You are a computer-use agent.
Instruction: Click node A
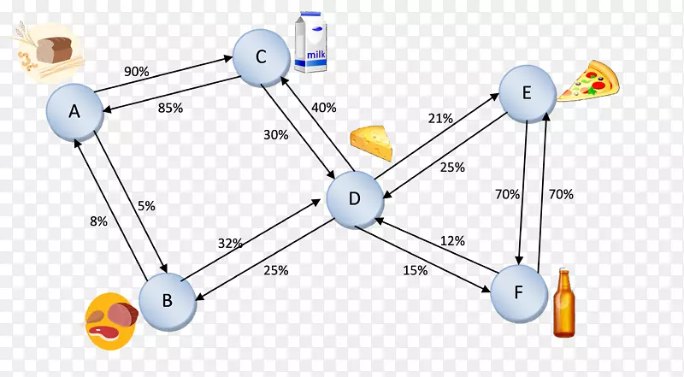click(x=74, y=111)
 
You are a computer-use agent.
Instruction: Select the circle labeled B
click(x=168, y=300)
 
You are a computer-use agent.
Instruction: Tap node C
click(x=262, y=57)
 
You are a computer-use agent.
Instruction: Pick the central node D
click(x=355, y=199)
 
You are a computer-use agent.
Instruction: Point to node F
click(x=519, y=291)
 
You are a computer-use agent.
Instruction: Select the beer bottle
click(x=564, y=303)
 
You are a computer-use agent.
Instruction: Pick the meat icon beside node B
click(x=111, y=318)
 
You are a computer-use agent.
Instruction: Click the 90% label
click(x=137, y=72)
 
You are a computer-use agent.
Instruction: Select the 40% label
click(x=323, y=108)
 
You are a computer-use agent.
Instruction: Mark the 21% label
click(x=440, y=119)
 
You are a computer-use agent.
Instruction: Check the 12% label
click(x=452, y=241)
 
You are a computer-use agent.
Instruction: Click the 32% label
click(x=230, y=243)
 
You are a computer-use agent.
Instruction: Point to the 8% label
click(x=98, y=221)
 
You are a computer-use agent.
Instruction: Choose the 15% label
click(x=416, y=271)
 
